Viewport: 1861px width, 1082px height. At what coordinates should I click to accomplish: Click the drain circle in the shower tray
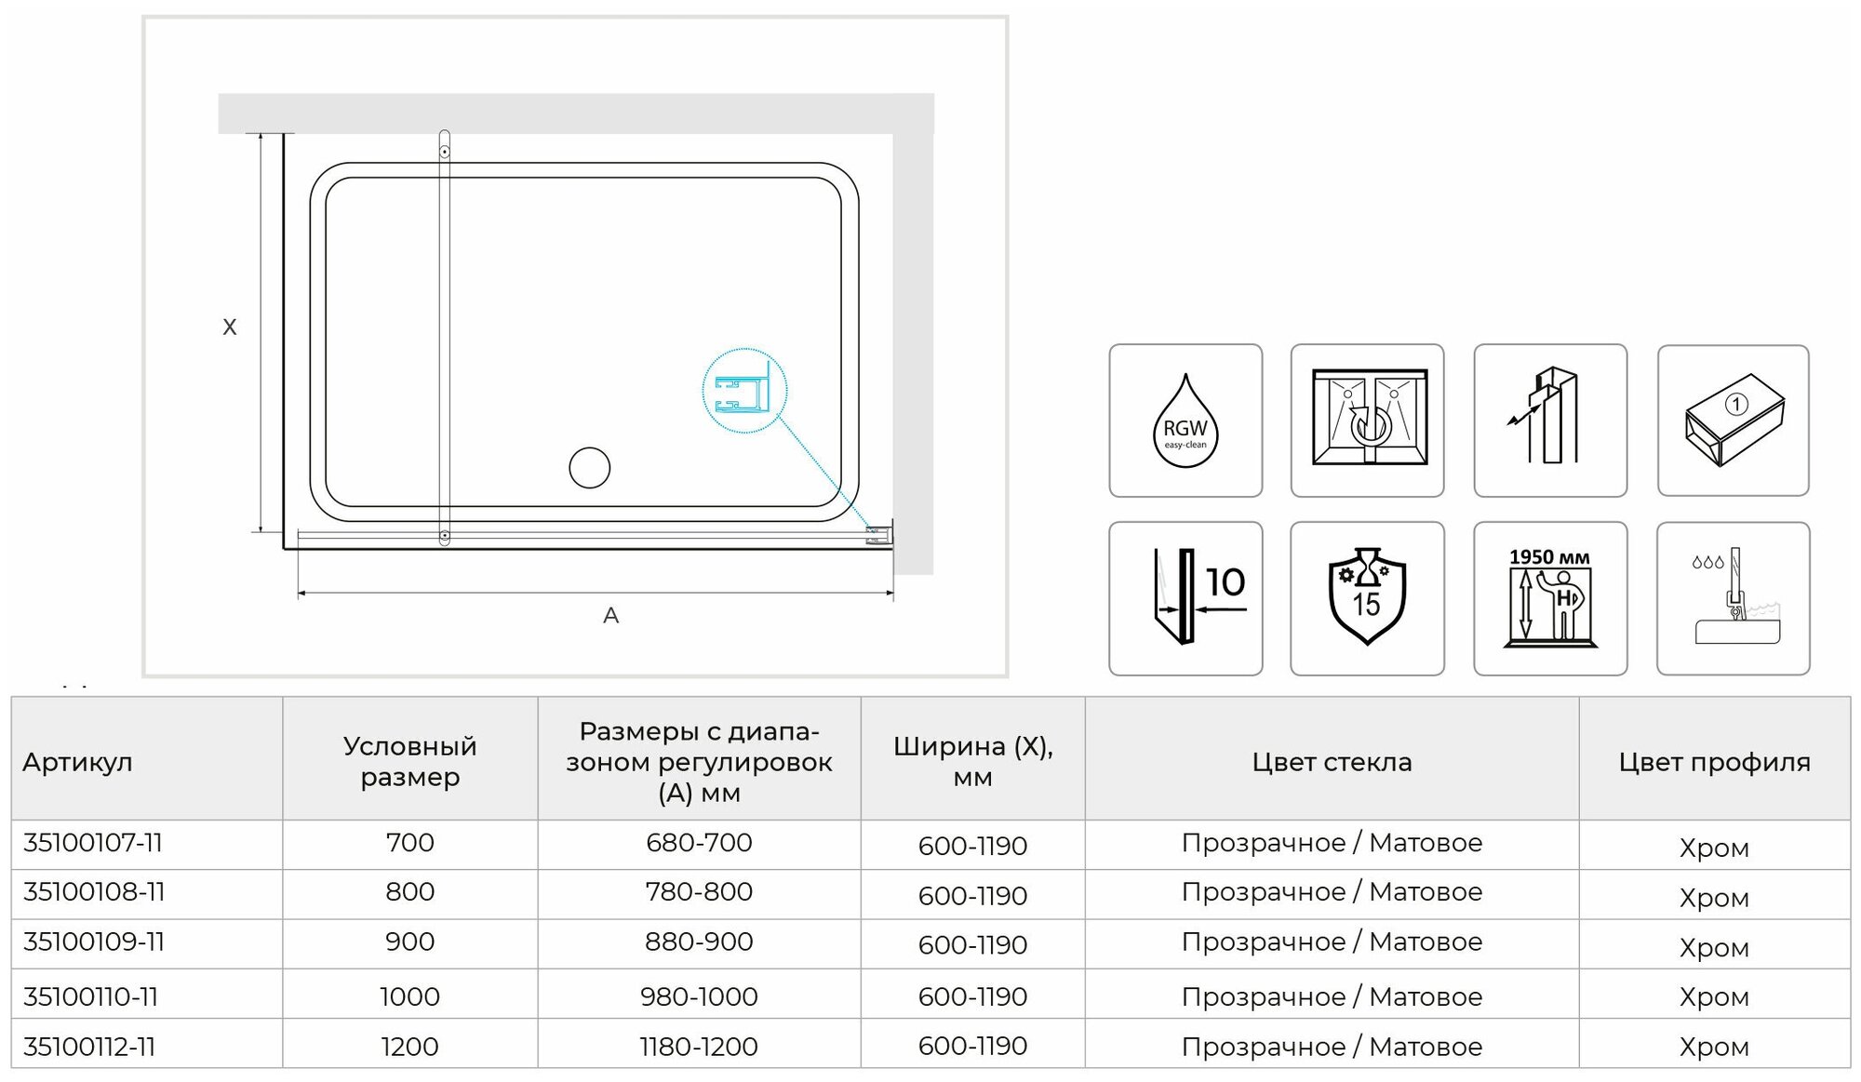point(589,468)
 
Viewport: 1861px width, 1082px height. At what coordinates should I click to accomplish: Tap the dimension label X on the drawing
point(230,327)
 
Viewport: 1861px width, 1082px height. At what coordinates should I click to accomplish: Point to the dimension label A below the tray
point(610,615)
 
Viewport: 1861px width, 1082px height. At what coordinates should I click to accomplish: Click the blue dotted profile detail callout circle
point(744,391)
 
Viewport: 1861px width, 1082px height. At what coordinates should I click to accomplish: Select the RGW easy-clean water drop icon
point(1185,421)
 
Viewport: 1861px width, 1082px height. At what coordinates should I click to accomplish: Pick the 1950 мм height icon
point(1550,598)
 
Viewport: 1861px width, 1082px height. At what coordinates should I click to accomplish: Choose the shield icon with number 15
point(1367,598)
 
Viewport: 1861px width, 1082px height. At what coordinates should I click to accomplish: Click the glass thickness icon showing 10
point(1185,598)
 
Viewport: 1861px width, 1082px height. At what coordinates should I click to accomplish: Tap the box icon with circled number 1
point(1733,421)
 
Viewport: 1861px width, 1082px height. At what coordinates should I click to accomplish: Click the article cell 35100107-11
point(93,843)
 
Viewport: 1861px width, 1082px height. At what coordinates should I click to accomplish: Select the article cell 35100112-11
point(89,1047)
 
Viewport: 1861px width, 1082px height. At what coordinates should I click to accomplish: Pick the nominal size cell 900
point(409,942)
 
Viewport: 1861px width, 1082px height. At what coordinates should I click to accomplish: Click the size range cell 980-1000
point(699,996)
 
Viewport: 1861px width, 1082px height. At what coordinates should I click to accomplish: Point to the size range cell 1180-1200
point(699,1047)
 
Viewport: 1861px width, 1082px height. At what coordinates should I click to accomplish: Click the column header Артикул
point(78,762)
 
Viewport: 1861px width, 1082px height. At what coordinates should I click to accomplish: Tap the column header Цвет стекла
point(1332,762)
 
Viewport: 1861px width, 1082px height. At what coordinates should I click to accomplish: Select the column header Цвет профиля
point(1714,762)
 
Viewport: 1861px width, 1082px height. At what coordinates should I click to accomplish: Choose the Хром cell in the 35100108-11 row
point(1714,898)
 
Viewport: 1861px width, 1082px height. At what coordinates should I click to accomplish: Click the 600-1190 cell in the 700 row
point(972,846)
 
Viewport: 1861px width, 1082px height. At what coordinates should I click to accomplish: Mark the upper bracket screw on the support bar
point(445,151)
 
